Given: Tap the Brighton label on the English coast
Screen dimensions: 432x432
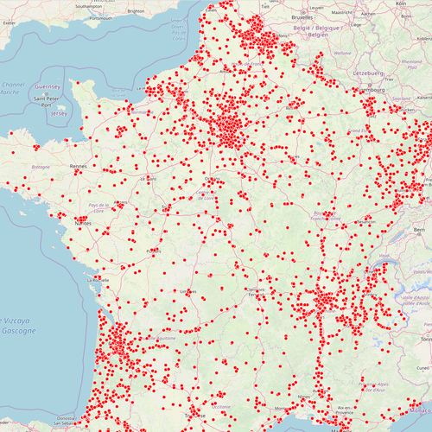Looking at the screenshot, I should pos(135,11).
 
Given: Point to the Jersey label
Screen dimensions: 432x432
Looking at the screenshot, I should pos(59,113).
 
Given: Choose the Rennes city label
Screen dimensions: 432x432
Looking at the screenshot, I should pos(79,165).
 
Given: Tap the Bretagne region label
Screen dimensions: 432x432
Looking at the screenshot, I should pos(41,166).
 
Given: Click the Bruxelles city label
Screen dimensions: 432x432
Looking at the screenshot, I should pos(302,16).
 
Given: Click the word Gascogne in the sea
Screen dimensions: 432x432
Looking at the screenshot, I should pos(19,331).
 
